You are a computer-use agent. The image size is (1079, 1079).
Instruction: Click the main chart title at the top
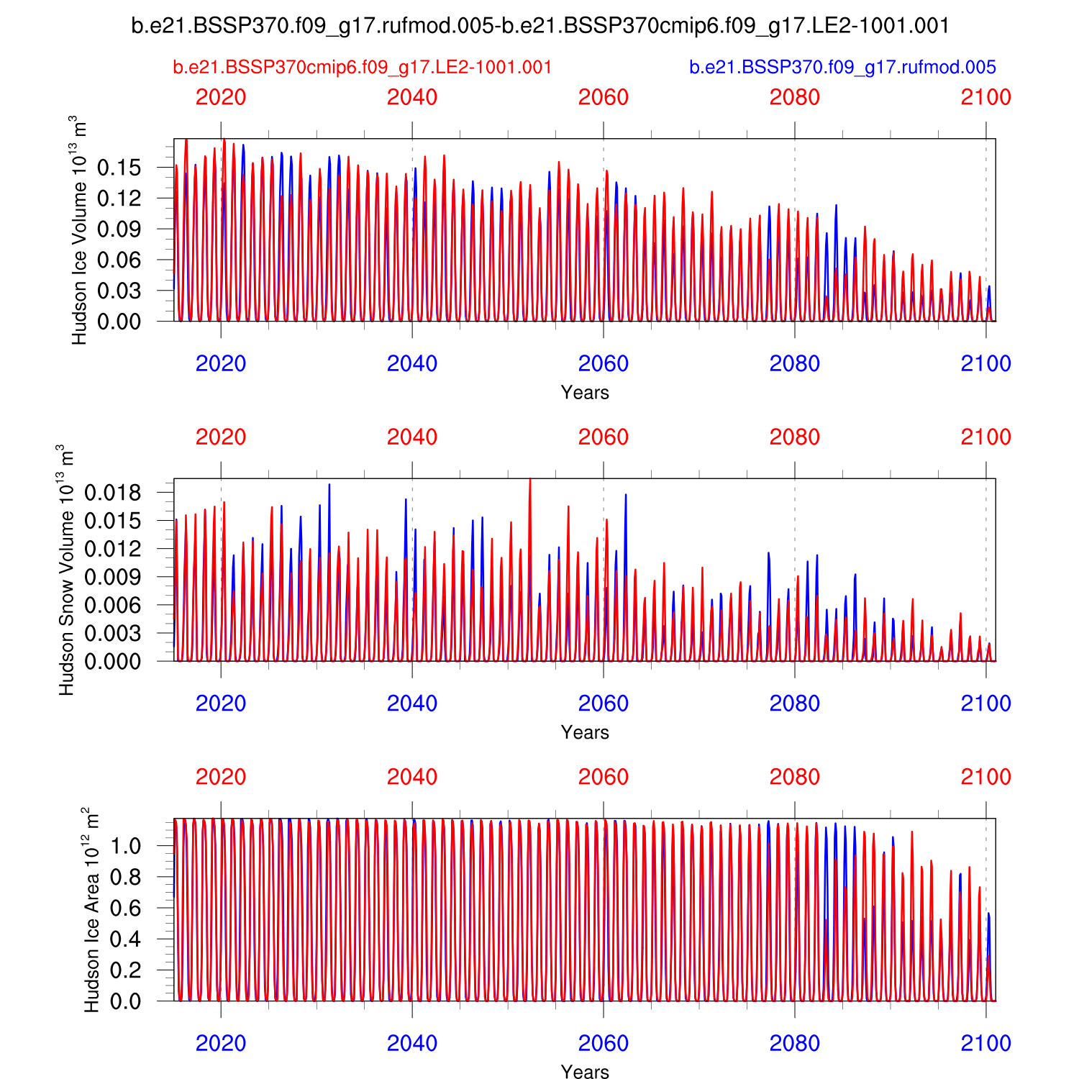540,26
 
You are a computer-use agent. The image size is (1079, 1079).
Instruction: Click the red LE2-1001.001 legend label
363,68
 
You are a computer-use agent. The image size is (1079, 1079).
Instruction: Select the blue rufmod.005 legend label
842,68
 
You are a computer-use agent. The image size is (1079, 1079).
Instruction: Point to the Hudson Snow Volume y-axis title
66,570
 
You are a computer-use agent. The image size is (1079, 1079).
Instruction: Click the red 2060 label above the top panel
604,98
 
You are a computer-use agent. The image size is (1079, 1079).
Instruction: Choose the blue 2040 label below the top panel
412,364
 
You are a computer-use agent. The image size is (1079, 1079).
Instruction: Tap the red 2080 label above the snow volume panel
795,437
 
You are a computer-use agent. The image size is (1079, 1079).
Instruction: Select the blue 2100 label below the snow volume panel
985,704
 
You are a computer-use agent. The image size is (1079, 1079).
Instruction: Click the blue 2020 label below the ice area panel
221,1043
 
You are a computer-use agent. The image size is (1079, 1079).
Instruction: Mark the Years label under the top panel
585,393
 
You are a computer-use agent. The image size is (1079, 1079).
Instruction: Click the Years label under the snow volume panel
585,732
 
